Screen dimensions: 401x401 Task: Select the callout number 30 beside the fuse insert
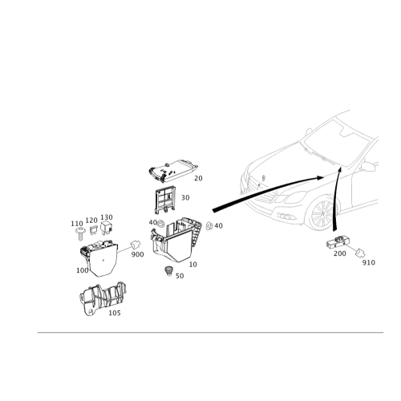pyautogui.click(x=185, y=196)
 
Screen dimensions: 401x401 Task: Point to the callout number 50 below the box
pyautogui.click(x=180, y=275)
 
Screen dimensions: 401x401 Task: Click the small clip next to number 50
pyautogui.click(x=168, y=271)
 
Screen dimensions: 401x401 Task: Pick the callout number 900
pyautogui.click(x=137, y=253)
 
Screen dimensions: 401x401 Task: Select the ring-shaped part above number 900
pyautogui.click(x=135, y=244)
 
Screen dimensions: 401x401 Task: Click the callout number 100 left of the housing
pyautogui.click(x=81, y=271)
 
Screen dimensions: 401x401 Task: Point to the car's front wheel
pyautogui.click(x=321, y=215)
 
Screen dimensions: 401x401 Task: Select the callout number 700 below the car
pyautogui.click(x=340, y=253)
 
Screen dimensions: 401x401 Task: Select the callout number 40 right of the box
pyautogui.click(x=217, y=227)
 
